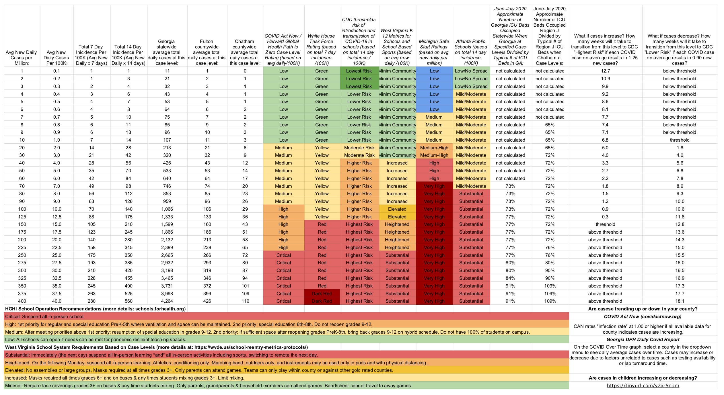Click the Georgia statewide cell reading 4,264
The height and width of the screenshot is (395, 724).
[x=167, y=301]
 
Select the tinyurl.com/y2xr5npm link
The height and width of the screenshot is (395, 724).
[x=643, y=386]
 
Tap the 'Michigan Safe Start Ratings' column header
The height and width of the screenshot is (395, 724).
[x=434, y=52]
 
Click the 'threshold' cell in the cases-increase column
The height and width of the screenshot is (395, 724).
[x=605, y=224]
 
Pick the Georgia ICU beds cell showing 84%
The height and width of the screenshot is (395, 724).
[x=510, y=278]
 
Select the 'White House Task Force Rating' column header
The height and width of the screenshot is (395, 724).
[x=321, y=49]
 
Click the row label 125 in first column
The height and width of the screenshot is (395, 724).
[x=22, y=217]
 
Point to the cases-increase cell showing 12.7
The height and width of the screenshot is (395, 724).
[x=605, y=71]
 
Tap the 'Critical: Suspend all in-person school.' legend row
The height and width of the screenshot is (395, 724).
[x=45, y=316]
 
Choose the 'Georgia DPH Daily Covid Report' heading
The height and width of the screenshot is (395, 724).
[x=643, y=339]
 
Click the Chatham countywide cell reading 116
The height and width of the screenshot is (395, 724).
[x=245, y=301]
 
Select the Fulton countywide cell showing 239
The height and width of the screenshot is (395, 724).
[x=207, y=247]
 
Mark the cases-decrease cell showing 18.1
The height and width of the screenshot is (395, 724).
[x=680, y=301]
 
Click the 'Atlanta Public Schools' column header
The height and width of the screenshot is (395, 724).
[x=471, y=52]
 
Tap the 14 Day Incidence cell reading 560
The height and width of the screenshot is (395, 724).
[x=128, y=301]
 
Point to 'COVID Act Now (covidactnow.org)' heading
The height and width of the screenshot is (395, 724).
[x=643, y=316]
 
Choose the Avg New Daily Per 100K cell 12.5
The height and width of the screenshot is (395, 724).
[x=57, y=217]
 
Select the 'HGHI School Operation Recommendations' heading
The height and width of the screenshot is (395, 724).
[x=95, y=309]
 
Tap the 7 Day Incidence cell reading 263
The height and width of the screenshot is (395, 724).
[x=91, y=294]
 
